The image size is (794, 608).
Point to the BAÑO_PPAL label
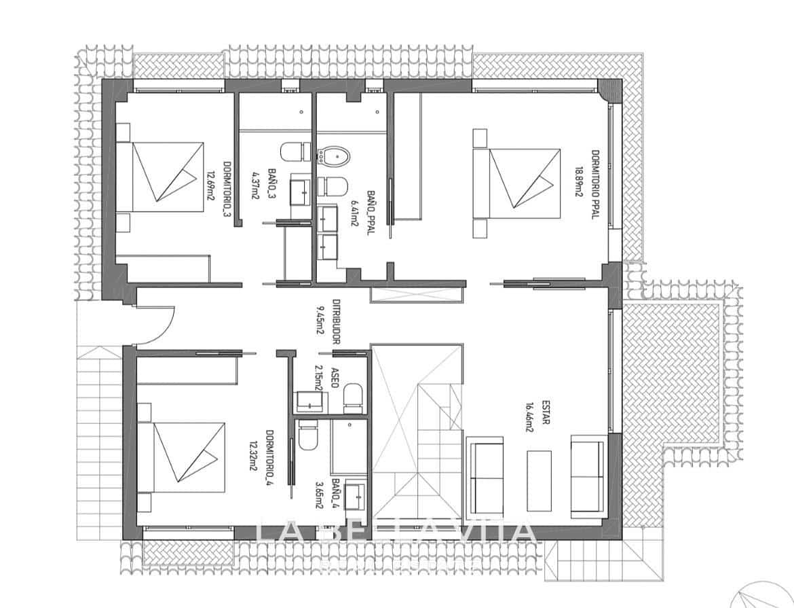371,212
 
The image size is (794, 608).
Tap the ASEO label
335,377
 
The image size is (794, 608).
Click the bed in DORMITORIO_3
166,177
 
